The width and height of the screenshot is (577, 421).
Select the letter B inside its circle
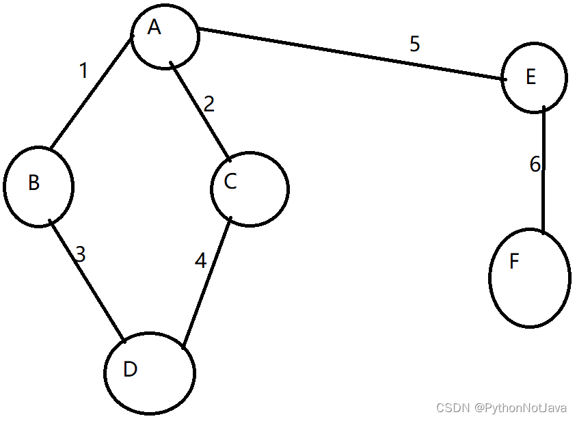click(x=33, y=182)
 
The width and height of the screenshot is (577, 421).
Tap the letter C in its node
click(x=230, y=181)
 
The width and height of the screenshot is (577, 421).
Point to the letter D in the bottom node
click(x=131, y=369)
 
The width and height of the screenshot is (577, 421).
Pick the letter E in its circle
click(x=531, y=77)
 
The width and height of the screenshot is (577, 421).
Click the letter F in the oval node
click(x=514, y=262)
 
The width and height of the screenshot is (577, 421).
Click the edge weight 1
click(x=83, y=70)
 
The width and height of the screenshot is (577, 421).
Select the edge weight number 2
click(x=209, y=105)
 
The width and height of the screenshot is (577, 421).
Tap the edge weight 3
click(x=80, y=255)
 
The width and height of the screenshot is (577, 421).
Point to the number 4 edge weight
click(x=200, y=261)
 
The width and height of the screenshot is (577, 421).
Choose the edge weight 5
click(x=415, y=44)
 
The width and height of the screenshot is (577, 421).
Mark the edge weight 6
click(x=535, y=164)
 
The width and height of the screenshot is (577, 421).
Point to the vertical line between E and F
click(x=544, y=171)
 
